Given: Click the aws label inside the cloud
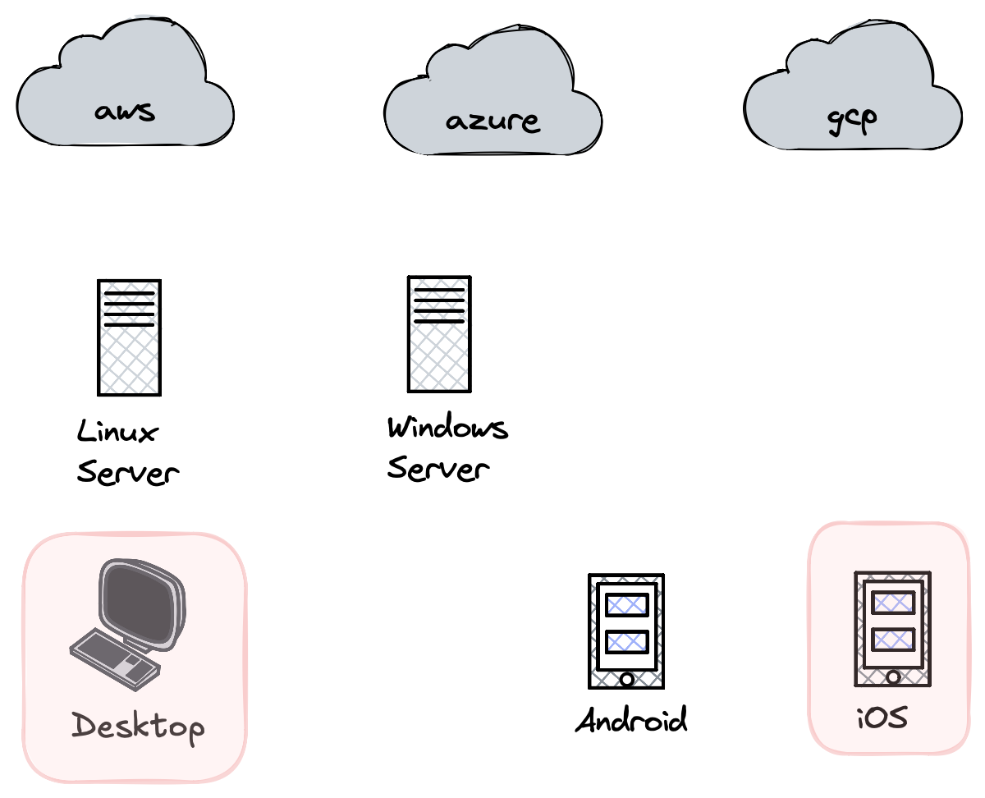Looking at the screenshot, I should (125, 111).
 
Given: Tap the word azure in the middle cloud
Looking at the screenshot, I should (492, 122).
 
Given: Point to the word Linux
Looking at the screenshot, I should (117, 432).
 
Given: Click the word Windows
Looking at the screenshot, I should (447, 428).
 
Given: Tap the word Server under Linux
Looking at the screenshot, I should (127, 473).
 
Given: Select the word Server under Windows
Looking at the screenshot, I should (438, 470).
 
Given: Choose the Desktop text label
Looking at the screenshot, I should (137, 727).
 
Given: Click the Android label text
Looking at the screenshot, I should (631, 721).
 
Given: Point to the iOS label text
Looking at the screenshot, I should (882, 719).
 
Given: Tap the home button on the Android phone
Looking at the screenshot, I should (626, 679).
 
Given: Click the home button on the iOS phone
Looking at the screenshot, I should (893, 676).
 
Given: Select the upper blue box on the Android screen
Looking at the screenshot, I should (626, 605).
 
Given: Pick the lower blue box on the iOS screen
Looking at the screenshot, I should (893, 638).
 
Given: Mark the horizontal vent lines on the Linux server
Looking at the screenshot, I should (129, 309).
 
